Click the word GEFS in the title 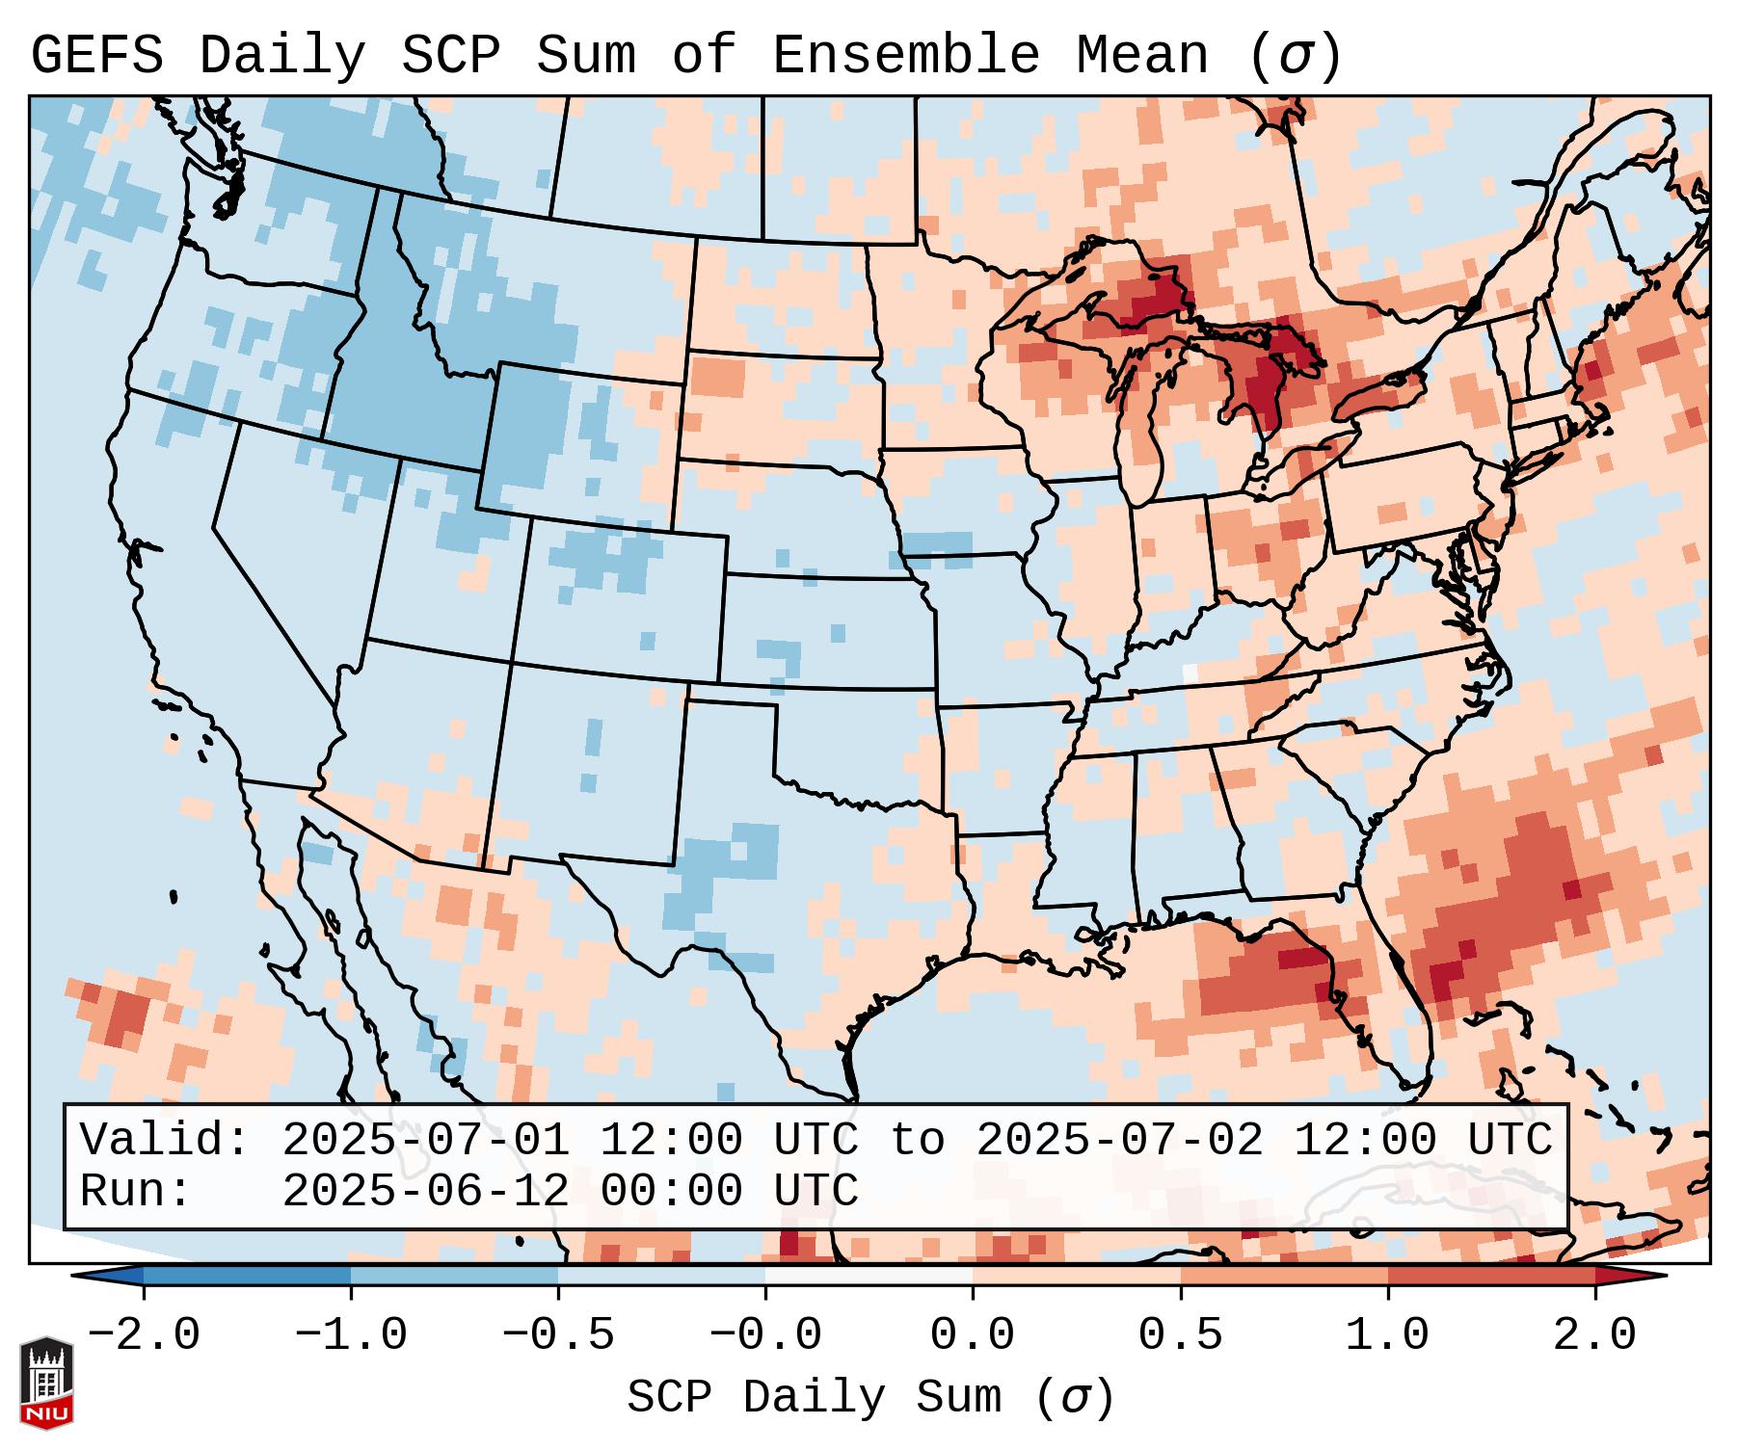[96, 56]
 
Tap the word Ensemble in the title [905, 56]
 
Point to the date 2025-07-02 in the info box [1119, 1140]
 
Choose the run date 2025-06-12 [425, 1191]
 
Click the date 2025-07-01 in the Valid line [425, 1140]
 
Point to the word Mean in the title [1141, 56]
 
